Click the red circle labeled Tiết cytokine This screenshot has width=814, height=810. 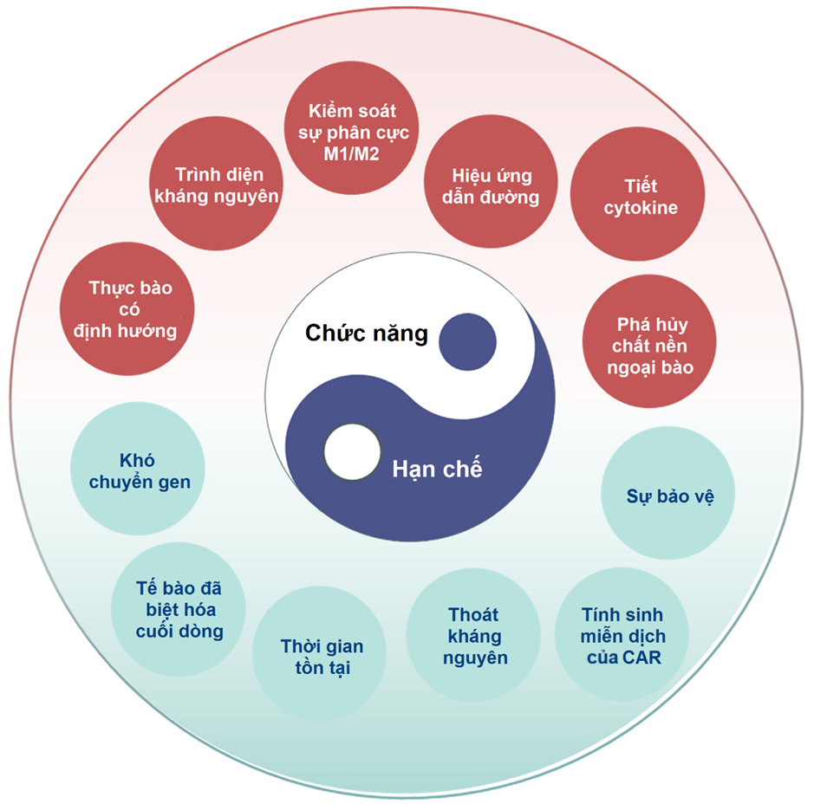click(x=640, y=197)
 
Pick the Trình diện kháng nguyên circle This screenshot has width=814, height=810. click(x=216, y=185)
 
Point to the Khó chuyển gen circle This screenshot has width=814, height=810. click(x=137, y=472)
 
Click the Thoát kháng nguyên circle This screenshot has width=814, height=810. click(x=474, y=636)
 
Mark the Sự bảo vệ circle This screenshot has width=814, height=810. click(x=668, y=496)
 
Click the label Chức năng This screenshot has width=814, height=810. click(x=366, y=334)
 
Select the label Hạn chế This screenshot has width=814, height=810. click(x=437, y=470)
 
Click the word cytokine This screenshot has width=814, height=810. click(x=641, y=208)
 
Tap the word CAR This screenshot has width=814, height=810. click(x=646, y=658)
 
